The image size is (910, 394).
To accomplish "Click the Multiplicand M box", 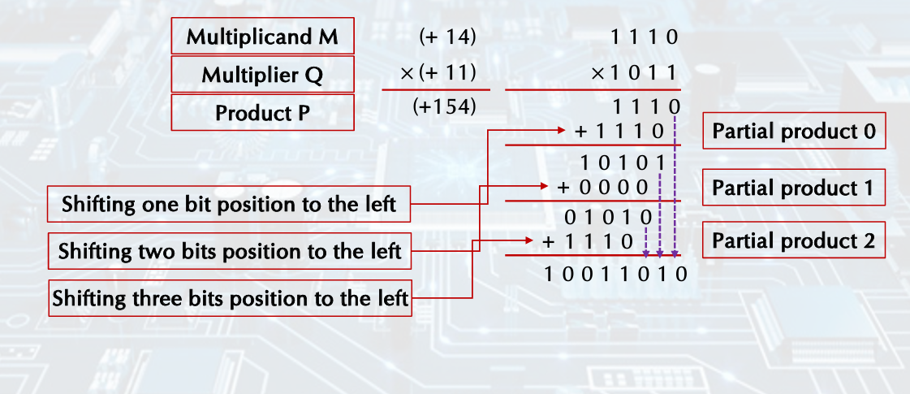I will pos(262,37).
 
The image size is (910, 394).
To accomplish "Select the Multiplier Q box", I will pos(262,75).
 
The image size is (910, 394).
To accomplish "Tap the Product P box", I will pos(262,113).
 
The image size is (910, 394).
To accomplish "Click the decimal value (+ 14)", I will pos(446,37).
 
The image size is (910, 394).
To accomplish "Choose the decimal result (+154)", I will pos(443,106).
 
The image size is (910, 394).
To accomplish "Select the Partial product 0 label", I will pos(793,132).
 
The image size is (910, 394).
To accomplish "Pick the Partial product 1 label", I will pos(792,188).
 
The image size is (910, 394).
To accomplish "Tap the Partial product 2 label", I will pos(793,241).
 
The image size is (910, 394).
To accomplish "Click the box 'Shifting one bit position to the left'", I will pos(229,204).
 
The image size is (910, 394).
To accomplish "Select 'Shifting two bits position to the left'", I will pos(229,251).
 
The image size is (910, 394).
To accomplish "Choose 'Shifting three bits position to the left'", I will pos(230,299).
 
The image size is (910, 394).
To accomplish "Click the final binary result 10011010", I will pos(615,273).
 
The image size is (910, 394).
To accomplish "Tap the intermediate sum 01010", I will pos(608,217).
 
